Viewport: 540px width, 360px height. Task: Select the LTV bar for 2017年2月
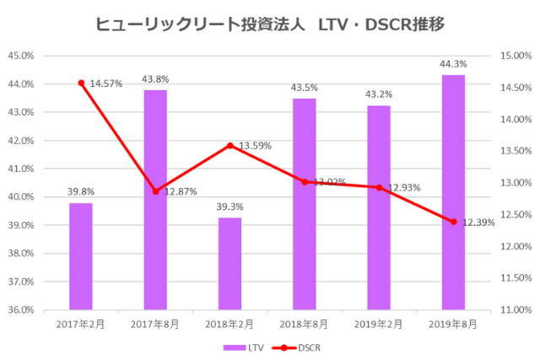(x=81, y=256)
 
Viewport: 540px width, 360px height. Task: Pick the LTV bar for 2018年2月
(x=229, y=263)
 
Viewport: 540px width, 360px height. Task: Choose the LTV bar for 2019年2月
(x=379, y=207)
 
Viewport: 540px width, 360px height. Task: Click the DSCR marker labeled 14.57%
(x=81, y=83)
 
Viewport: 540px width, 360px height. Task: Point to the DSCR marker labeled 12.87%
(x=155, y=191)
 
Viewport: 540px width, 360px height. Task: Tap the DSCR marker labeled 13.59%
(x=229, y=145)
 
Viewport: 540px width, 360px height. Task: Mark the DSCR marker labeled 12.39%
(x=453, y=222)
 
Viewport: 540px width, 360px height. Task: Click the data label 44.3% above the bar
(x=453, y=64)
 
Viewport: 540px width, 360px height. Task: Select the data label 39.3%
(x=229, y=207)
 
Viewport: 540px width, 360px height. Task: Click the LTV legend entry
(x=242, y=347)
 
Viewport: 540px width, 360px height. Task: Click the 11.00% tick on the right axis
(x=512, y=309)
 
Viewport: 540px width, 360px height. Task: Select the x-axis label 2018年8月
(x=305, y=323)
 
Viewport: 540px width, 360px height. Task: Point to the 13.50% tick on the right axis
(x=512, y=151)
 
